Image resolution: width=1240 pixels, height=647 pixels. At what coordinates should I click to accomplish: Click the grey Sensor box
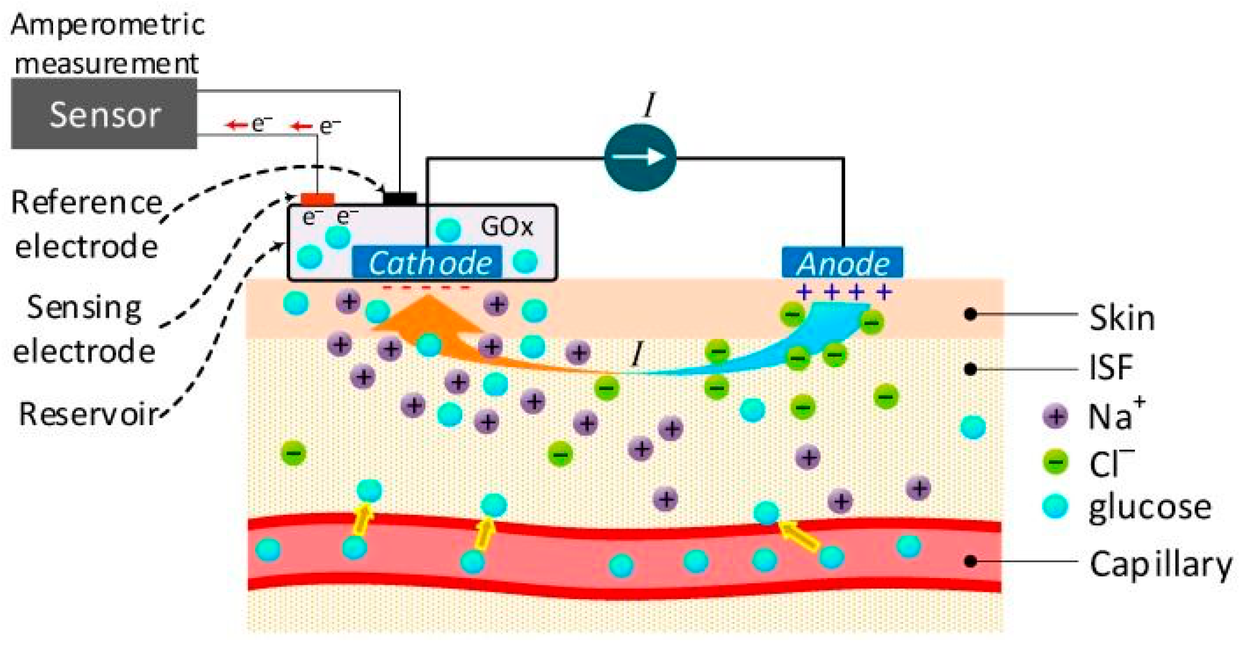(x=104, y=114)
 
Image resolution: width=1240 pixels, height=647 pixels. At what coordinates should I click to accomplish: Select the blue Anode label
(x=843, y=263)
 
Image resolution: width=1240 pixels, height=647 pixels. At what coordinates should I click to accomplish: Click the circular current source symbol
(x=640, y=157)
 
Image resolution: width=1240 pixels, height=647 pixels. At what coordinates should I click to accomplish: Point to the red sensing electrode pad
(x=317, y=199)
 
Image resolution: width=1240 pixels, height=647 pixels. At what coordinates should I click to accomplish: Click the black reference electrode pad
(x=400, y=199)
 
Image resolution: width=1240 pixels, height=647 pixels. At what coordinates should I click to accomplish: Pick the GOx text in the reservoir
(x=506, y=227)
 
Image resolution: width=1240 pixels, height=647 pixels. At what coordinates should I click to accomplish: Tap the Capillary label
(x=1160, y=564)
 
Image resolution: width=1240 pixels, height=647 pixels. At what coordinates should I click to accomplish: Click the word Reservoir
(x=88, y=414)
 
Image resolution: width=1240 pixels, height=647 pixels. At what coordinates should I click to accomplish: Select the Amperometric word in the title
(x=108, y=25)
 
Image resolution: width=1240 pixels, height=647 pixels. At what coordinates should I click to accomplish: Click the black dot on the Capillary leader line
(x=970, y=561)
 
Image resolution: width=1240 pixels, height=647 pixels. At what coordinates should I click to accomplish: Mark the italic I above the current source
(x=648, y=105)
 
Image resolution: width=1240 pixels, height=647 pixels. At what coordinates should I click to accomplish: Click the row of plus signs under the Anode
(x=844, y=292)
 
